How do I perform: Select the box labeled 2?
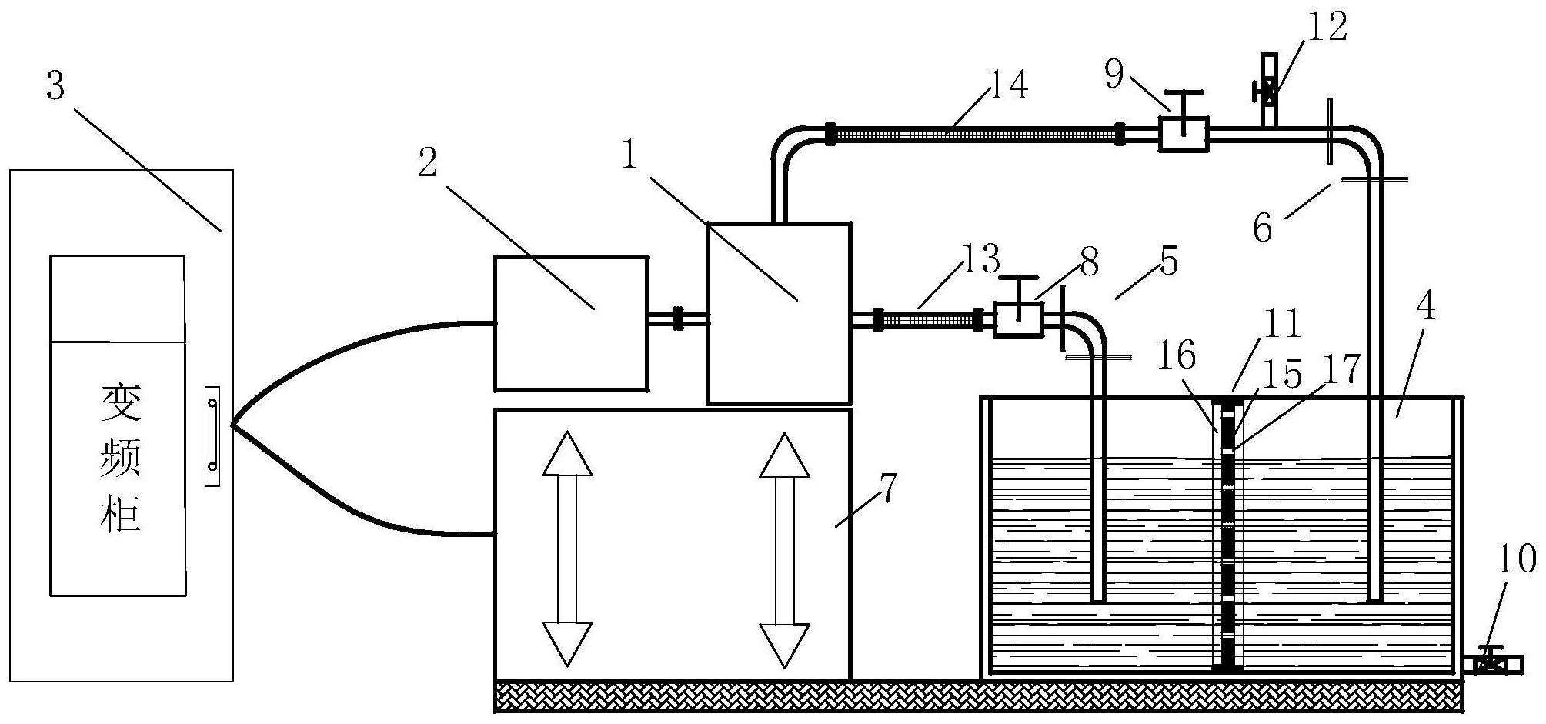pyautogui.click(x=570, y=323)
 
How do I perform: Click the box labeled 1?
pyautogui.click(x=779, y=313)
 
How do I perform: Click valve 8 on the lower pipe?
pyautogui.click(x=1018, y=319)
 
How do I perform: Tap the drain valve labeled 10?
pyautogui.click(x=1492, y=662)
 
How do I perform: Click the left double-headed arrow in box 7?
pyautogui.click(x=567, y=548)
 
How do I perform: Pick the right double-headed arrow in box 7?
pyautogui.click(x=784, y=549)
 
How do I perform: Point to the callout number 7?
pyautogui.click(x=887, y=489)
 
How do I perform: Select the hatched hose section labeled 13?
pyautogui.click(x=927, y=319)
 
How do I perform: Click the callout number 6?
pyautogui.click(x=1263, y=229)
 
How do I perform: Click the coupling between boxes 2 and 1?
pyautogui.click(x=678, y=319)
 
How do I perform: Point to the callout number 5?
pyautogui.click(x=1168, y=262)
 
